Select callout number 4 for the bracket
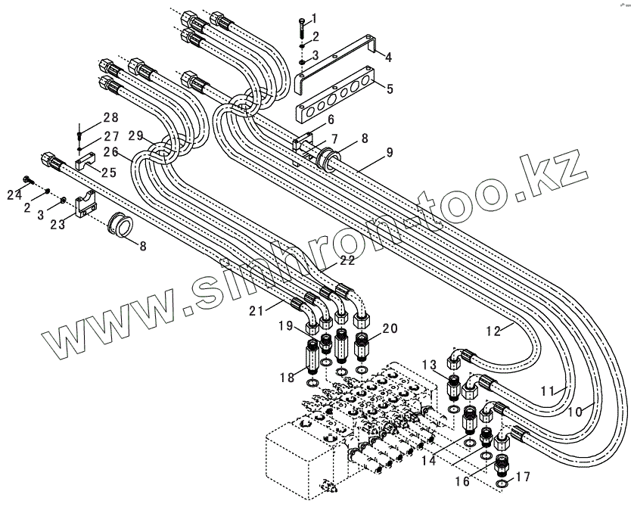[x=388, y=57]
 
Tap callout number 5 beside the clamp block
[x=390, y=89]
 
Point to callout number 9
[x=389, y=152]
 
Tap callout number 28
[x=111, y=117]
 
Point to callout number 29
[x=135, y=135]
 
